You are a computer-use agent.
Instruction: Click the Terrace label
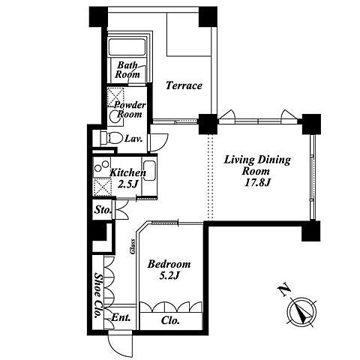(184, 85)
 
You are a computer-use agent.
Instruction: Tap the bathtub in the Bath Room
(127, 46)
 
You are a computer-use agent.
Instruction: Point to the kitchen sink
(149, 170)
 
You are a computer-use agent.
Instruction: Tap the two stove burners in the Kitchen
(102, 166)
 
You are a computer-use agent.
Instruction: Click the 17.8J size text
(257, 183)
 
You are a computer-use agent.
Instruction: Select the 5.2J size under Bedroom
(169, 275)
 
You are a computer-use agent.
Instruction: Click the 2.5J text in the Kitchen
(127, 184)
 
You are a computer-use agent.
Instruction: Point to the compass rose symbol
(301, 312)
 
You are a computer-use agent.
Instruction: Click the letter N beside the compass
(284, 289)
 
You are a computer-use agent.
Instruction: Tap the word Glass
(132, 247)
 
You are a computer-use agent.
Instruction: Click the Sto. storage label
(103, 210)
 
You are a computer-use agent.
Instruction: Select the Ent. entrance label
(121, 318)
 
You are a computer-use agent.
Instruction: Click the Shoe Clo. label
(99, 295)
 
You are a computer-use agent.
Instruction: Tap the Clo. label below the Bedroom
(170, 320)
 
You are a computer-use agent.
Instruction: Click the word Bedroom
(169, 264)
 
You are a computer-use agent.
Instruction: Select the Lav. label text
(133, 139)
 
